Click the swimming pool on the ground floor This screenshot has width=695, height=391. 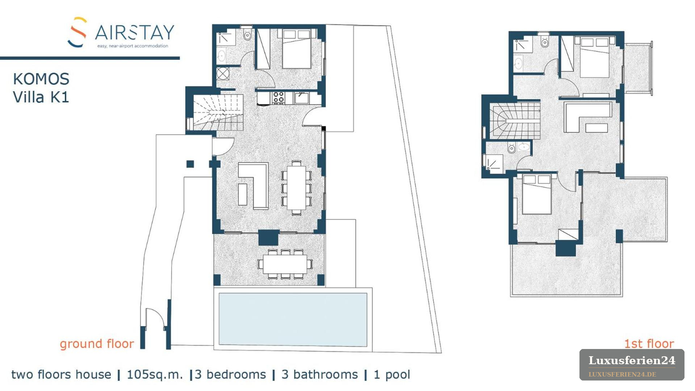coord(293,319)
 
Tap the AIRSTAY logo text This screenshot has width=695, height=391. coord(135,33)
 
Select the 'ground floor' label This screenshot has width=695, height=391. coord(97,344)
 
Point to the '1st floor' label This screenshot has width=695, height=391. coord(649,343)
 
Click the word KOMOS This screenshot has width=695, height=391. coord(41,79)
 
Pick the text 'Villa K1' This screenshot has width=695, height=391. coord(41,97)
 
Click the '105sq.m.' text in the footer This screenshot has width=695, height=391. coord(155,374)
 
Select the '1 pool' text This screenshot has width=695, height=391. coord(392,374)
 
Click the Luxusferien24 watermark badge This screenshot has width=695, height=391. coord(632,365)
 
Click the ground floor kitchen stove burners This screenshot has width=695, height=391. coord(278,98)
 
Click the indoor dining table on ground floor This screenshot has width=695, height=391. coord(296,187)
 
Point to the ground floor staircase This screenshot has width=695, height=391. coord(218,112)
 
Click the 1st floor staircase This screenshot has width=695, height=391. coord(515,121)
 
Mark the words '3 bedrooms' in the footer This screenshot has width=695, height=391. coord(230,374)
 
